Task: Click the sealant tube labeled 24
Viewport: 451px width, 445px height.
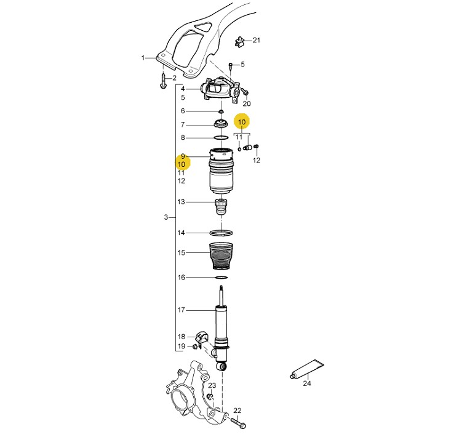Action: click(306, 369)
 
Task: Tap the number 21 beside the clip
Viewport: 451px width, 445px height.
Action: click(257, 40)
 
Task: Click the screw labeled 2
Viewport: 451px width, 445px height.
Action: click(163, 81)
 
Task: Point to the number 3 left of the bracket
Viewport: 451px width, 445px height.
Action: click(166, 217)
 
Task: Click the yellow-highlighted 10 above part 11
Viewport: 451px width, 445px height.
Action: click(242, 122)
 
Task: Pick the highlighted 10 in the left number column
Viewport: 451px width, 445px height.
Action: click(182, 164)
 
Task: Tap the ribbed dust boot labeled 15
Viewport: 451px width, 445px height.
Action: click(221, 256)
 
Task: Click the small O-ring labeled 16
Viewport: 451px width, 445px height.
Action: click(221, 278)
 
